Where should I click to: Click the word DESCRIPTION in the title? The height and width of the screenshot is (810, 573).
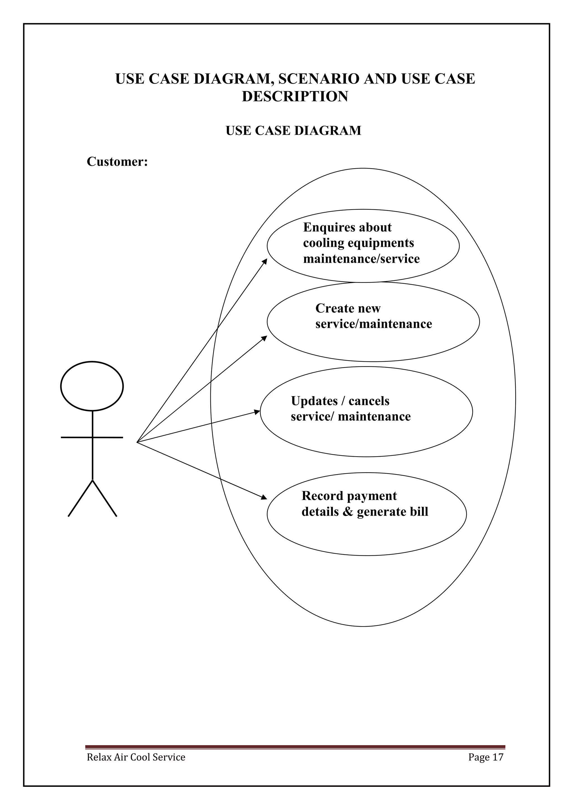295,96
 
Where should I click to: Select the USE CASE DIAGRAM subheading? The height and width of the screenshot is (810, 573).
293,131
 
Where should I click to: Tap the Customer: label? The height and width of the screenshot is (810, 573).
117,162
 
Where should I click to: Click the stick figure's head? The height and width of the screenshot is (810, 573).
92,386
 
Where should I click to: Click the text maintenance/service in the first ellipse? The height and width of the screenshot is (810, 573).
361,259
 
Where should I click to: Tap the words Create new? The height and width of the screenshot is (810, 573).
348,308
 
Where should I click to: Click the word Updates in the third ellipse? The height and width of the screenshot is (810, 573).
314,401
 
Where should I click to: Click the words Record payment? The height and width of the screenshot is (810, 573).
349,496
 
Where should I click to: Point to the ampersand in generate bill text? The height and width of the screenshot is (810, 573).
348,511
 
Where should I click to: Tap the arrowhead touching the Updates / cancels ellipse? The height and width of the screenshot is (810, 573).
257,412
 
